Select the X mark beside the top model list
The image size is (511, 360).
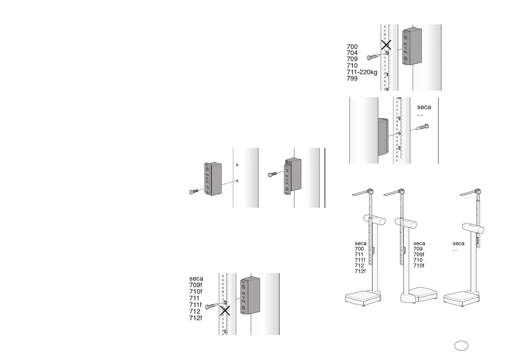[386, 45]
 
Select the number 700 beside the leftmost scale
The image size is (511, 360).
[359, 249]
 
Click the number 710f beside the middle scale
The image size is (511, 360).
[418, 266]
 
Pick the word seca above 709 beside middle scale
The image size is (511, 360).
[419, 243]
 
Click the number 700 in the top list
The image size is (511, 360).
[352, 46]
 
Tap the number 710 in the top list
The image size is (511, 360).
[352, 66]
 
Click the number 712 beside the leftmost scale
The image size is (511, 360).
[359, 266]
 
